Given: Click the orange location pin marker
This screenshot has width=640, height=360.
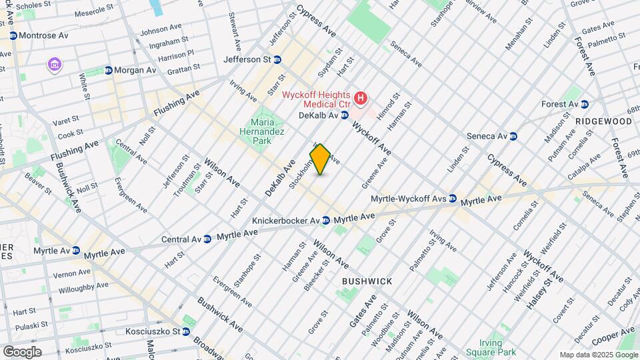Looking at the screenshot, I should pos(320,159).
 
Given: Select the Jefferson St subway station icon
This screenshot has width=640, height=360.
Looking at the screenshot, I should pos(277,59).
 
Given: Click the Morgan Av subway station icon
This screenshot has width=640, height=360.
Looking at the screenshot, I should pos(108,70).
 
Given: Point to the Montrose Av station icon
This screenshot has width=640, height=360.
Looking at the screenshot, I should pos(13,35).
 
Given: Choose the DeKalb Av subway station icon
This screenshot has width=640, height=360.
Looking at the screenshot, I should pos(345,115).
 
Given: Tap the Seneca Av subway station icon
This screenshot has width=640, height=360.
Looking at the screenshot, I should pos(513,136).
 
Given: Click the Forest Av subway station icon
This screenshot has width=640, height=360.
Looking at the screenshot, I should pos(584,104).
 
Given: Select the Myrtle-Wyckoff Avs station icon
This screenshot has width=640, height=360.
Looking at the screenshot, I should pos(453,199).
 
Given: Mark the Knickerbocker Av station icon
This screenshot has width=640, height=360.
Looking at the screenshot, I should pos(325,220).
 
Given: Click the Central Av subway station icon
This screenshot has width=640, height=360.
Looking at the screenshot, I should pos(208,238).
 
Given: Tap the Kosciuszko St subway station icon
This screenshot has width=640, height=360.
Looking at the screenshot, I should pos(187,331).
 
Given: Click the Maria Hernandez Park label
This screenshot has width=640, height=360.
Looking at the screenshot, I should pos(267,131).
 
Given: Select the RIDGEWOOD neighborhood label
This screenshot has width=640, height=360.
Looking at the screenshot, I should pos(603,121).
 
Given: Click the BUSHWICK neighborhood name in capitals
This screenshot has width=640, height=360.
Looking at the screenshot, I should pos(367,281).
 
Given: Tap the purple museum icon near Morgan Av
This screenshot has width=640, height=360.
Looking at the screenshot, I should pos(54,65).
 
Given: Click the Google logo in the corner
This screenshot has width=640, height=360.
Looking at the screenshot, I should pos(22,351).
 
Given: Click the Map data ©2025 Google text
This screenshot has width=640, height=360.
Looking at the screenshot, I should pos(598,355).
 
